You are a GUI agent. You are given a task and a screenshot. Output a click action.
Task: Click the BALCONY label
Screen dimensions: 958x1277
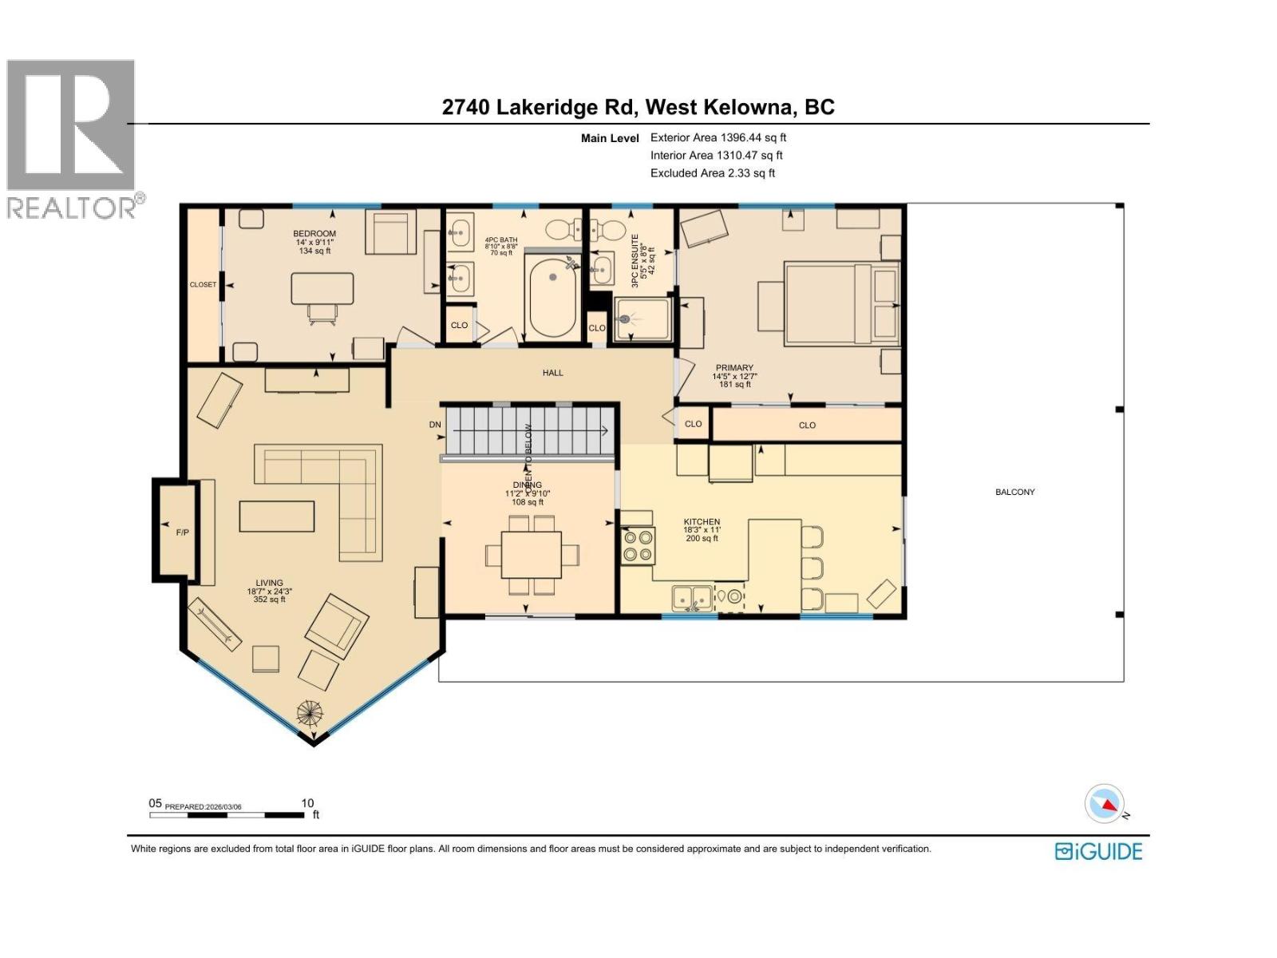(x=1014, y=492)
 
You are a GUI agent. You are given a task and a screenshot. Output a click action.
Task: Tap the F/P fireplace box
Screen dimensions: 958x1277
(x=182, y=532)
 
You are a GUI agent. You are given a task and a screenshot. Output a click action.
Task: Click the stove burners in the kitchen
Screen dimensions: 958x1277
(x=637, y=546)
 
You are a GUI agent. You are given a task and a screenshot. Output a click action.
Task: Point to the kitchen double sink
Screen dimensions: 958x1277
(x=692, y=596)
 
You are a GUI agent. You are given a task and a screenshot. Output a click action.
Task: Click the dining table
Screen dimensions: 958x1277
(x=531, y=554)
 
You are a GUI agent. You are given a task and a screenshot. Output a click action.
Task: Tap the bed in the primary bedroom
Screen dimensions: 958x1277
(x=841, y=304)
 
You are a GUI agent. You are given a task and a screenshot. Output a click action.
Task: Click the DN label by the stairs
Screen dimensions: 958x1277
(x=435, y=425)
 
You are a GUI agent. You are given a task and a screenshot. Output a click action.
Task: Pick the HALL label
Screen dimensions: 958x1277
(x=552, y=373)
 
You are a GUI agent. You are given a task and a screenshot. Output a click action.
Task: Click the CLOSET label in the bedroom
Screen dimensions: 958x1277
(x=203, y=284)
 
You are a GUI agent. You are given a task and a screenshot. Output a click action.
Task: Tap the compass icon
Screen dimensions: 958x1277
(x=1105, y=803)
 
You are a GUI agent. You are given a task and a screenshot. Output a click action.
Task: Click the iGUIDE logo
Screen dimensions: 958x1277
(x=1098, y=851)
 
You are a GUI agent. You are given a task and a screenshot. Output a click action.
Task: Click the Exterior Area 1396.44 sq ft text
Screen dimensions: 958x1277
(x=718, y=137)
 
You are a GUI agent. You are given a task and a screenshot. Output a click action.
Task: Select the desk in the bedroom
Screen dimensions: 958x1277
(x=322, y=288)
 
